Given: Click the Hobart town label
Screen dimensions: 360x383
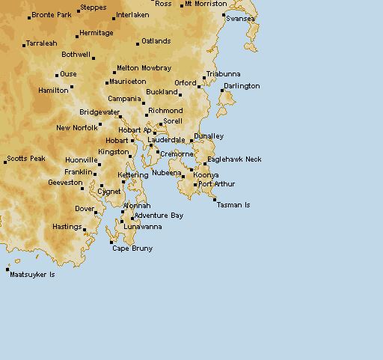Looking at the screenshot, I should (x=117, y=140).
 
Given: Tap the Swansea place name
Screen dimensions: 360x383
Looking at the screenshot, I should (x=240, y=18).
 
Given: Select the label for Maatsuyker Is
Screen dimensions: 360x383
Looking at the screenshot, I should (x=32, y=275).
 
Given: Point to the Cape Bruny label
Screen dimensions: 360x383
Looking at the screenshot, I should (x=132, y=248).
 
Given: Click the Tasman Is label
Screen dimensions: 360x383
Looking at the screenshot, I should (x=233, y=204).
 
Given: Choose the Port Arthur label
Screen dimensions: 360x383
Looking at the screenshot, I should (x=217, y=184).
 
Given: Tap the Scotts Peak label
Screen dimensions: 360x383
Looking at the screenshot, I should (x=27, y=159).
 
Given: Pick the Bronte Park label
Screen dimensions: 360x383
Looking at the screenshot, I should (x=52, y=15).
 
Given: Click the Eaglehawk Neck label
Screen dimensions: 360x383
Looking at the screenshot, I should (x=235, y=159).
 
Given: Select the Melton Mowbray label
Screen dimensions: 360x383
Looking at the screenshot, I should (x=144, y=68).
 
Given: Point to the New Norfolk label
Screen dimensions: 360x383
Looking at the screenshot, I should (x=77, y=128).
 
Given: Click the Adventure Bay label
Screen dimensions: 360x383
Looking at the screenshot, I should (x=159, y=216).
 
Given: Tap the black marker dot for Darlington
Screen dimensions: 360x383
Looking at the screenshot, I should (x=222, y=91).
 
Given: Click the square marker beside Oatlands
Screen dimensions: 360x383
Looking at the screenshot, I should (x=138, y=44).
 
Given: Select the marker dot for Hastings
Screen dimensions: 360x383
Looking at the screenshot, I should (x=85, y=230).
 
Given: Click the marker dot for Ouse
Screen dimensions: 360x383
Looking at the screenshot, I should (x=57, y=75).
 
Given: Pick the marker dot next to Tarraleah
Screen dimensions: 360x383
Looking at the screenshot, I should (x=24, y=44).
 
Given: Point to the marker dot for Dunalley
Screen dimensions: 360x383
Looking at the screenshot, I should (x=191, y=140).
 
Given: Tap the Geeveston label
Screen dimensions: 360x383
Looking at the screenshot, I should (x=65, y=183).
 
